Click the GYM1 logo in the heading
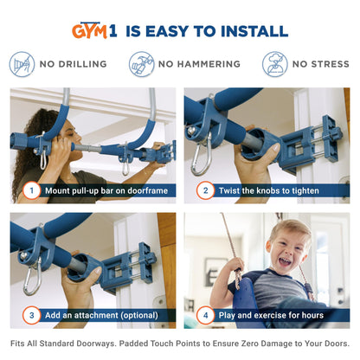pyautogui.click(x=95, y=31)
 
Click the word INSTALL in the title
pyautogui.click(x=250, y=31)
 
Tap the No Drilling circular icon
pyautogui.click(x=22, y=64)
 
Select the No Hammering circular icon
pyautogui.click(x=141, y=64)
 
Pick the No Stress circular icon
pyautogui.click(x=275, y=64)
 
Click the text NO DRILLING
pyautogui.click(x=72, y=64)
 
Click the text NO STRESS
pyautogui.click(x=320, y=64)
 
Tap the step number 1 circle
pyautogui.click(x=32, y=190)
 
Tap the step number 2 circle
pyautogui.click(x=206, y=190)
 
